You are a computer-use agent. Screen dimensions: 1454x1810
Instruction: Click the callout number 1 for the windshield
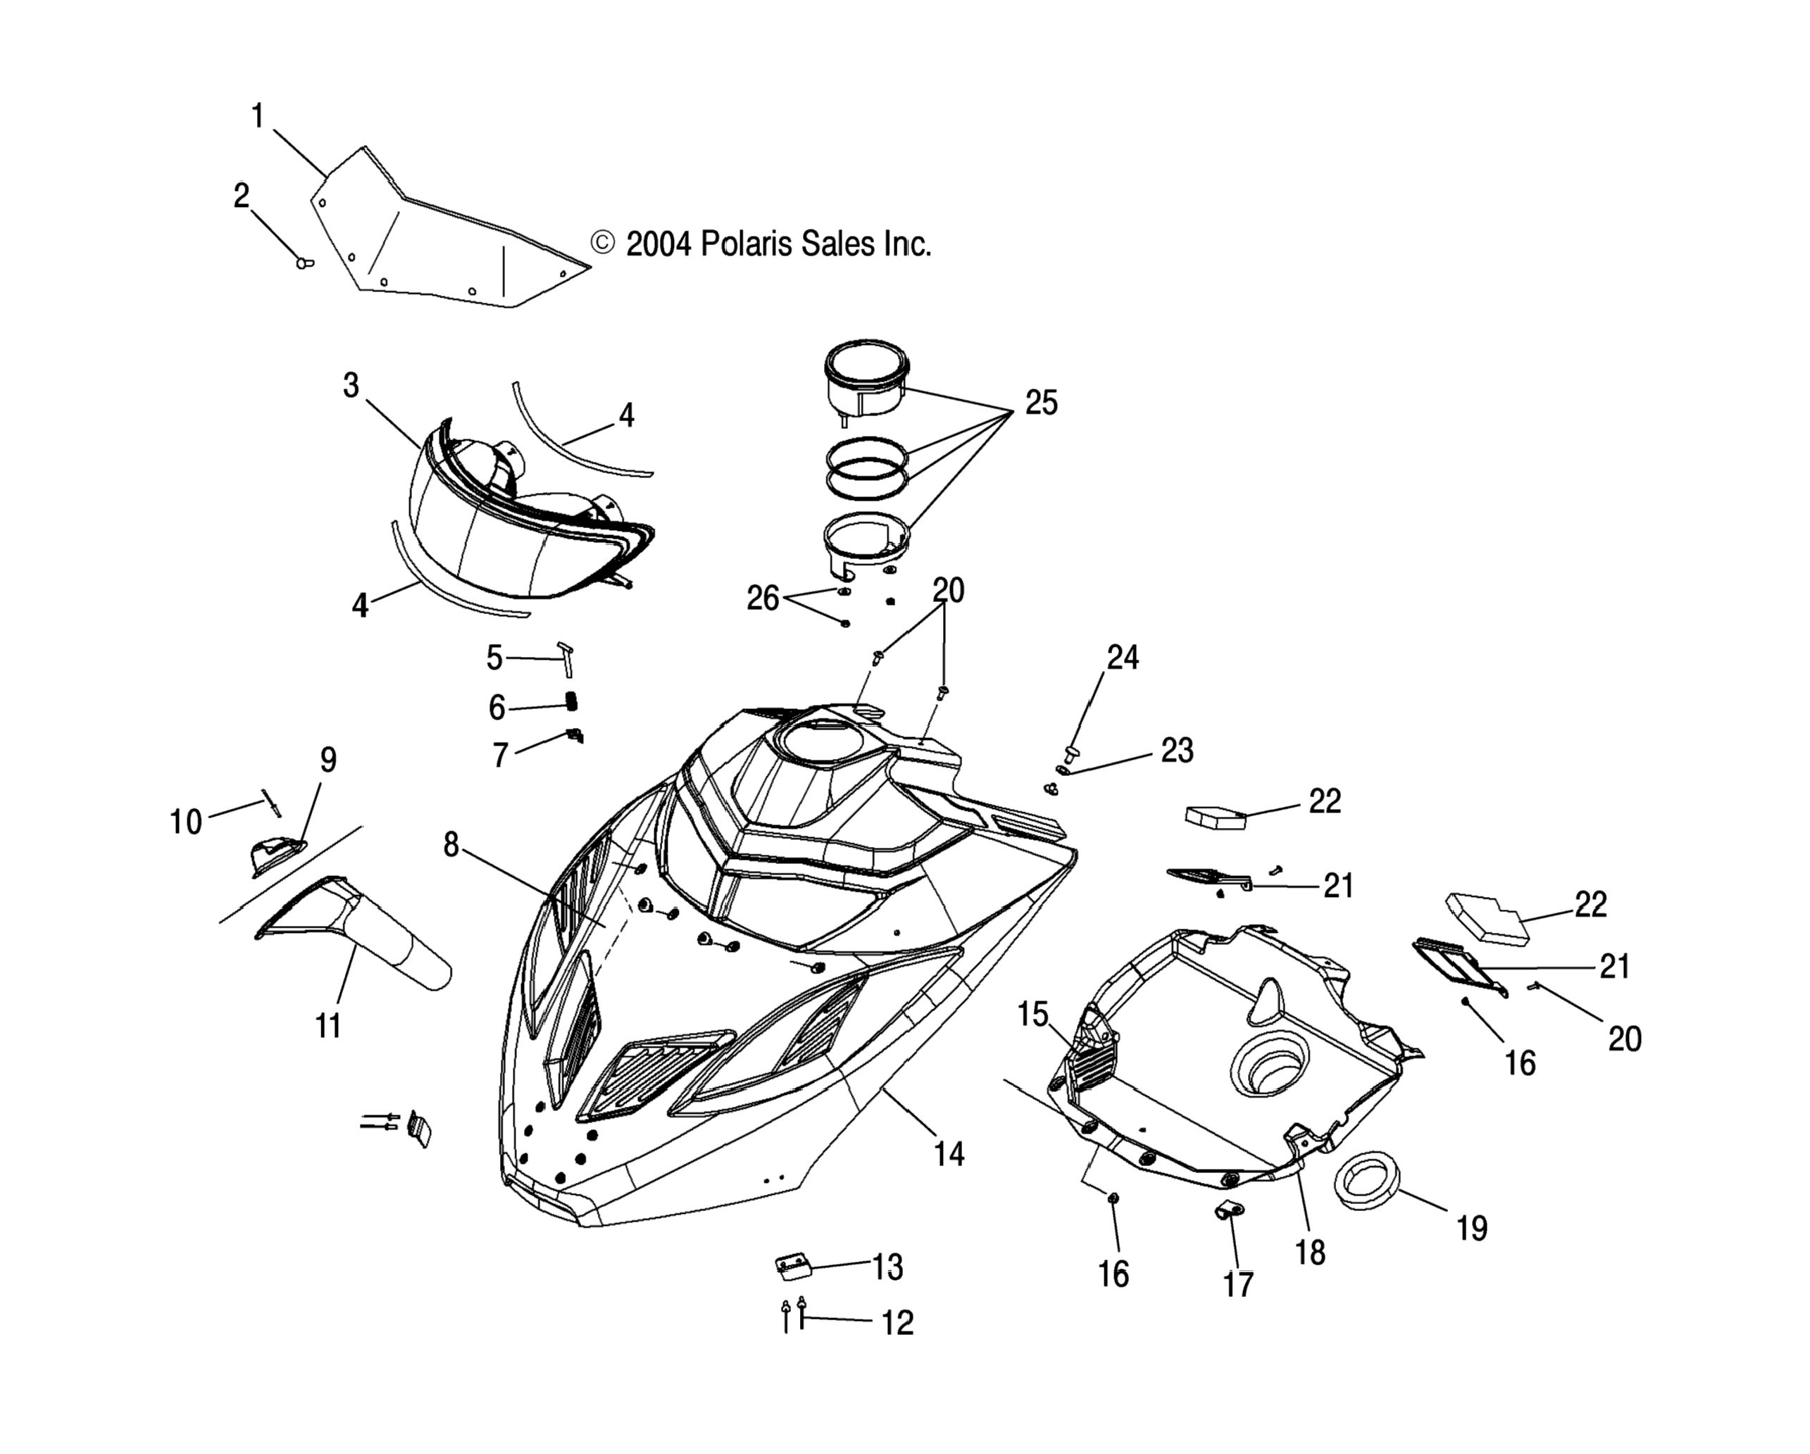258,116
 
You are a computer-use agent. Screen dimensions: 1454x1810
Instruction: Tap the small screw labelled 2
304,263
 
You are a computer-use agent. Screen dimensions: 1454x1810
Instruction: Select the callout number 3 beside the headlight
351,385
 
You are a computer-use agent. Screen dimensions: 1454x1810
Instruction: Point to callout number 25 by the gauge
1041,403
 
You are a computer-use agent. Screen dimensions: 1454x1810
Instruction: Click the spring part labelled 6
572,699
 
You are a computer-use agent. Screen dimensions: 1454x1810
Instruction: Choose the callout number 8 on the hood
451,844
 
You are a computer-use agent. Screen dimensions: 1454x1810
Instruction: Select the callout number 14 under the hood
949,1154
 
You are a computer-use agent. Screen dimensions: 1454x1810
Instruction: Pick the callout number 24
1123,658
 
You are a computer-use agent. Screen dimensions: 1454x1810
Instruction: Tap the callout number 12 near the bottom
897,1323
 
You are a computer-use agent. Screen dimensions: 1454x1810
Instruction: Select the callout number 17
1238,1284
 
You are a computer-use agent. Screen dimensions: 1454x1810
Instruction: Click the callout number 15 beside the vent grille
1033,1015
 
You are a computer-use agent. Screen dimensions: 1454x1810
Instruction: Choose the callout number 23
1177,751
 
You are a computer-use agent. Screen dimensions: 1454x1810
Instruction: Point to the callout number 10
185,821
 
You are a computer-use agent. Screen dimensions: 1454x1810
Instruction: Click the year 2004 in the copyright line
659,244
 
